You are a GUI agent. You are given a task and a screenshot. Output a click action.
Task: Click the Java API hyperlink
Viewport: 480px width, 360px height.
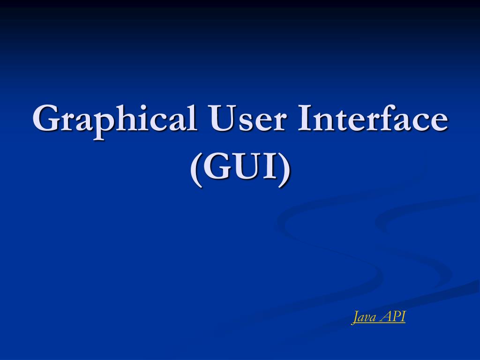[x=379, y=317]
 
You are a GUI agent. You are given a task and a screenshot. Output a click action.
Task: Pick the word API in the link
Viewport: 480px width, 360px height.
[x=394, y=317]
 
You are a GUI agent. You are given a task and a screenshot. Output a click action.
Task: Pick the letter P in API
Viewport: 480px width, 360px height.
[x=395, y=317]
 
